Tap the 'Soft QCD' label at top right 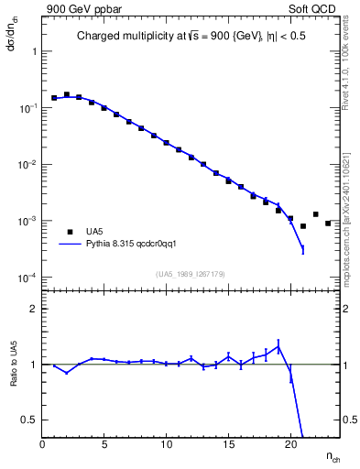click(x=314, y=8)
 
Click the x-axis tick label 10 click(x=166, y=444)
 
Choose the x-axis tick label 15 click(x=228, y=444)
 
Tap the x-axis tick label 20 click(x=289, y=444)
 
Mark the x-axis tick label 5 click(x=104, y=444)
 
